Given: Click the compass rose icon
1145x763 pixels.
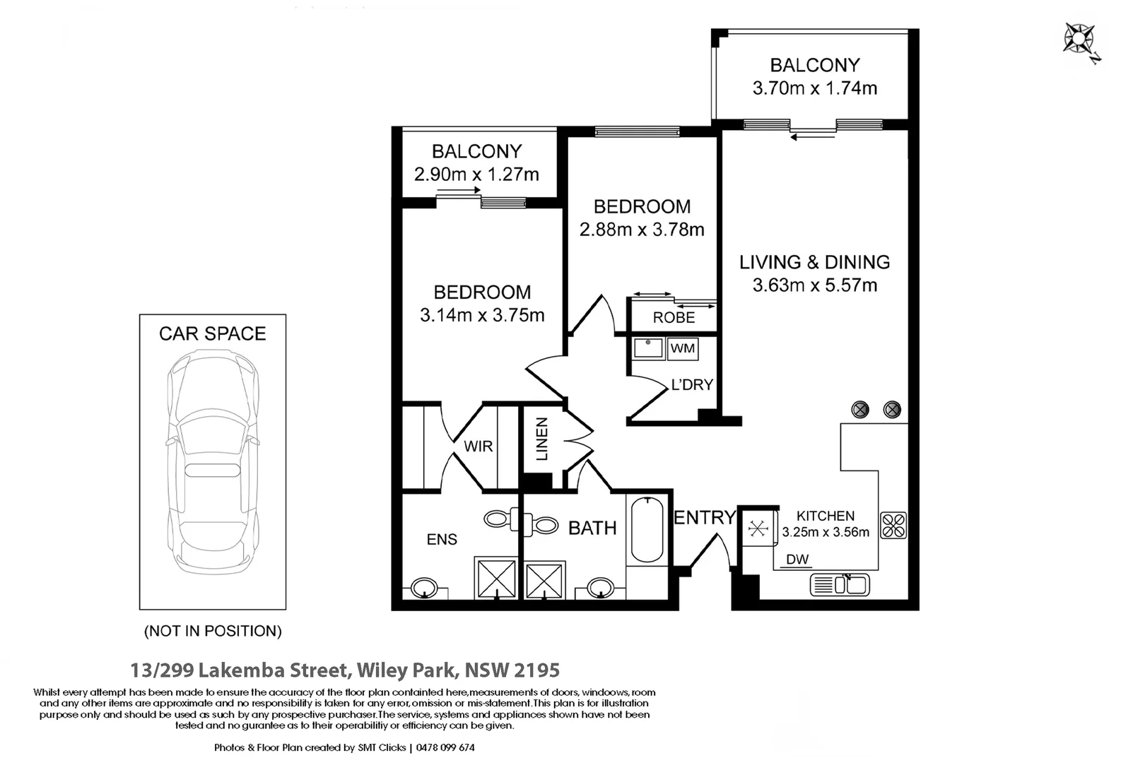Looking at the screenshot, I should click(x=1079, y=40).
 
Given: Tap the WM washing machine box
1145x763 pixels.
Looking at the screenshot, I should click(x=682, y=349).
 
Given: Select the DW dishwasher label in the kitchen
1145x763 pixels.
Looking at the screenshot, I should click(x=797, y=560).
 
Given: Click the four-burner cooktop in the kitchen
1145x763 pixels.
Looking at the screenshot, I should click(x=893, y=525).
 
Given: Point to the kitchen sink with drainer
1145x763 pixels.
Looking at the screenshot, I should click(x=840, y=585).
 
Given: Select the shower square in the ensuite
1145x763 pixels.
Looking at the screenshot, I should click(x=496, y=578).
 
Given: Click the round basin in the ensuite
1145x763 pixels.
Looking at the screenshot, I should click(x=424, y=588).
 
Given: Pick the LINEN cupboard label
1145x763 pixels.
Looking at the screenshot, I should click(x=542, y=439).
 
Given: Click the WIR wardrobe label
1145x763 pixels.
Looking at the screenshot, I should click(x=478, y=446).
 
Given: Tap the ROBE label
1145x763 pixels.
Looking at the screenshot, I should click(x=674, y=318).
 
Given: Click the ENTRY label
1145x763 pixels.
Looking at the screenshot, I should click(x=704, y=518).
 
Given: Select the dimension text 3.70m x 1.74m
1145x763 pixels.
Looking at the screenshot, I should click(x=814, y=88).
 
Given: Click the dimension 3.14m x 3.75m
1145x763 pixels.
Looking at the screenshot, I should click(x=482, y=315).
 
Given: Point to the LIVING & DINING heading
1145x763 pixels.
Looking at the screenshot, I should click(x=814, y=262).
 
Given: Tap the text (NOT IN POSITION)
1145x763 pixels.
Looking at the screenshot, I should click(x=213, y=631).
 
